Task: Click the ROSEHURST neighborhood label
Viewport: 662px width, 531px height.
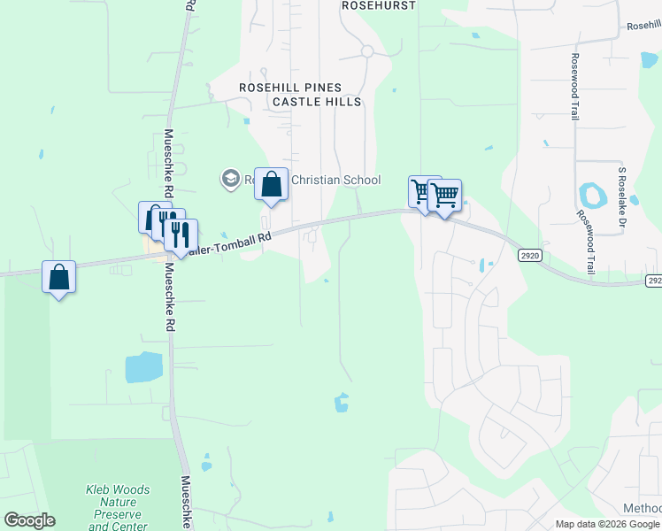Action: click(378, 5)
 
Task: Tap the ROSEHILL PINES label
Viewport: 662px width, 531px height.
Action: click(290, 88)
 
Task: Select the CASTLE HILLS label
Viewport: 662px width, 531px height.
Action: click(317, 102)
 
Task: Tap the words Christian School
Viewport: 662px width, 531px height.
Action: click(336, 181)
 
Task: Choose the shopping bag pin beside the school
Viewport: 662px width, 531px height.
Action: click(272, 186)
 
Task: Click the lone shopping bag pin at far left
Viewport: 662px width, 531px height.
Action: click(58, 278)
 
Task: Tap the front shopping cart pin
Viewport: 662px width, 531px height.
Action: click(444, 196)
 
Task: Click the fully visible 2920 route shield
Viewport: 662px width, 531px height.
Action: click(529, 255)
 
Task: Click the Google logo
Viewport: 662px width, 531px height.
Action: click(29, 520)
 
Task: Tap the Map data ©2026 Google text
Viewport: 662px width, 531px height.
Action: click(607, 524)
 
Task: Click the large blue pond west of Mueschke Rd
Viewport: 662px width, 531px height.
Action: click(144, 366)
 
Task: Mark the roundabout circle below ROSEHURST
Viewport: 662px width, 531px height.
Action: click(367, 51)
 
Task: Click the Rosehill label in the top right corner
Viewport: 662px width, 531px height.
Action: click(643, 27)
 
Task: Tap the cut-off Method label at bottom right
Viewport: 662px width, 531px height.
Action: click(642, 508)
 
